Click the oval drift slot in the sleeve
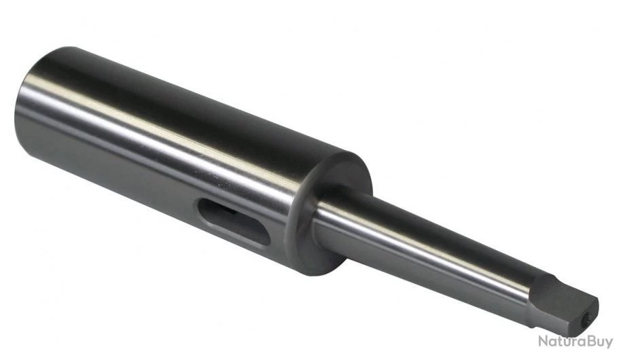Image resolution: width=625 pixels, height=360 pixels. point(234,221)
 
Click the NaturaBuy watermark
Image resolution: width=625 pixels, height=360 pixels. point(575,342)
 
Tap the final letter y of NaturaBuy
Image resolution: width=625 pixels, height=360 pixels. point(608,343)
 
